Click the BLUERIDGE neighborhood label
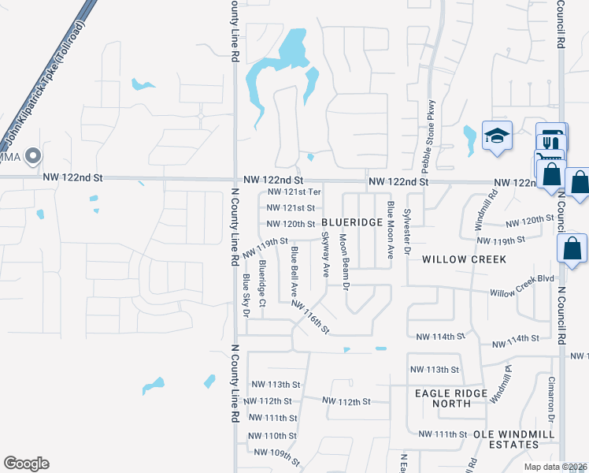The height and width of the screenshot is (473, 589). point(352,223)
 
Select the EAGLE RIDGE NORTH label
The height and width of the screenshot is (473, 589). point(450,398)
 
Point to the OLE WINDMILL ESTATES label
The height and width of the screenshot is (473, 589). point(513,439)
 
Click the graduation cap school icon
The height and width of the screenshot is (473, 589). point(497,136)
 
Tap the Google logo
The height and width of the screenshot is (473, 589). point(26,464)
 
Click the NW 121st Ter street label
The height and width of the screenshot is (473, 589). point(294,192)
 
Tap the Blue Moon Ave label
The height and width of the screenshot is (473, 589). point(390,230)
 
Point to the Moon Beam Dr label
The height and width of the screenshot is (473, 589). point(343,260)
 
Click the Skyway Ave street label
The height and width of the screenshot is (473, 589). point(324,254)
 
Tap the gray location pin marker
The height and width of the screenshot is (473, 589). point(32,157)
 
